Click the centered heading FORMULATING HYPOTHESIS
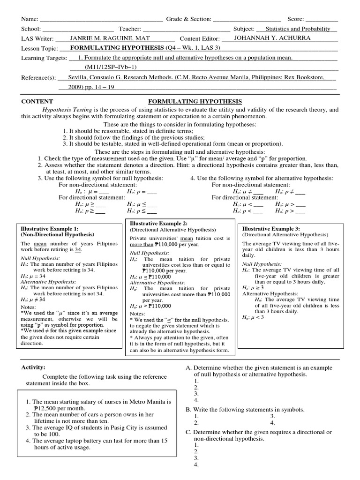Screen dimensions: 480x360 pyautogui.click(x=195, y=101)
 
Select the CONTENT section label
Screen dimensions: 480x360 pyautogui.click(x=37, y=101)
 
